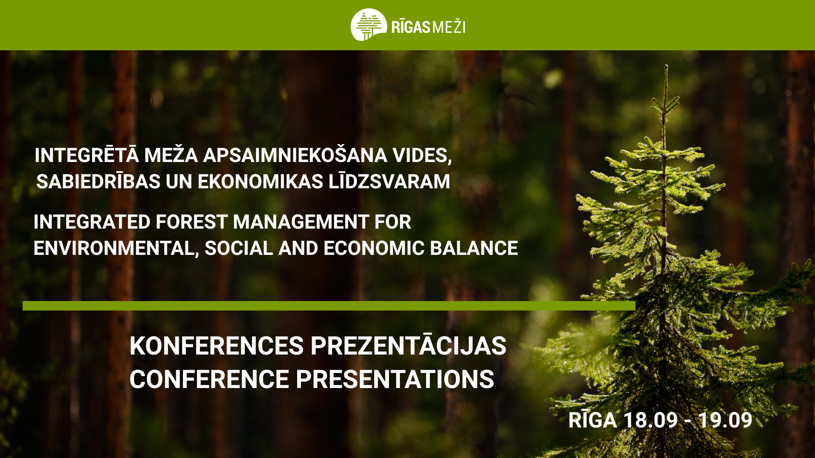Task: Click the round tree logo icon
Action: pos(368,25)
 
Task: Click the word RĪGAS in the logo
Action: pos(411,26)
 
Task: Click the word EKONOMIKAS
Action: pos(261,182)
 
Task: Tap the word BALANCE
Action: pos(474,248)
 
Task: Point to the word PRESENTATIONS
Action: pos(395,379)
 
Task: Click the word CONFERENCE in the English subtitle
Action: pos(209,379)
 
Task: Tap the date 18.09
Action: pos(650,420)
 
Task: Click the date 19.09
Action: pos(725,420)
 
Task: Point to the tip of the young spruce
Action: pos(666,65)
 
